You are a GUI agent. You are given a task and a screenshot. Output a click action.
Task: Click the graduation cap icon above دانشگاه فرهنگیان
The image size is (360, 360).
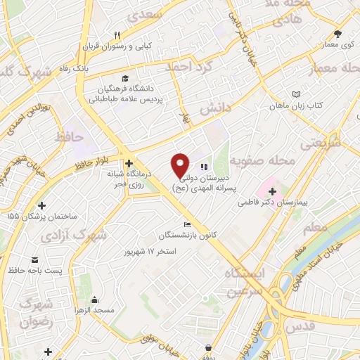pyautogui.click(x=125, y=78)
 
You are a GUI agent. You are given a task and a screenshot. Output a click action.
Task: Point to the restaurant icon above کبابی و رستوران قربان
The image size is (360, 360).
pyautogui.click(x=118, y=34)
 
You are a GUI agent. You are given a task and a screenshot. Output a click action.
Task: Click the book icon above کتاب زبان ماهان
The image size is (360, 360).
pyautogui.click(x=296, y=94)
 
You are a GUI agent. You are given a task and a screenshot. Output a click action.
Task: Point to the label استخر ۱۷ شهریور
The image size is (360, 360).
pyautogui.click(x=150, y=251)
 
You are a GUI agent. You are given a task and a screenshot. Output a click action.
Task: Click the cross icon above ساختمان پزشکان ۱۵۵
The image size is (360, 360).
pyautogui.click(x=41, y=206)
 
